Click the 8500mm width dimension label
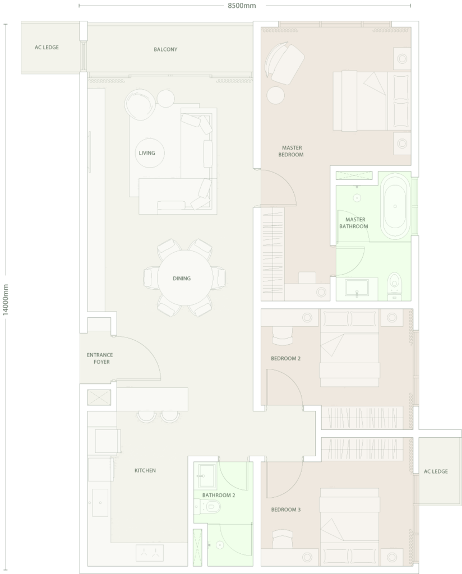click(x=242, y=6)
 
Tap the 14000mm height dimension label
click(x=5, y=300)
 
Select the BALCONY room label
click(x=165, y=49)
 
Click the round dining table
click(x=185, y=278)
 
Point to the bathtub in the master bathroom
click(x=395, y=206)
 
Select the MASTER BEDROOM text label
click(x=292, y=151)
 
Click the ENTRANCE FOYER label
click(x=100, y=358)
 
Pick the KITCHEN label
click(x=145, y=470)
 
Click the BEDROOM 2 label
click(x=285, y=358)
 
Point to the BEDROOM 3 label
click(x=285, y=510)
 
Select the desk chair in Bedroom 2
click(x=283, y=335)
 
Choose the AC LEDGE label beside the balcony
click(x=47, y=47)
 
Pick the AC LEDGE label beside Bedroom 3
click(x=436, y=471)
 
